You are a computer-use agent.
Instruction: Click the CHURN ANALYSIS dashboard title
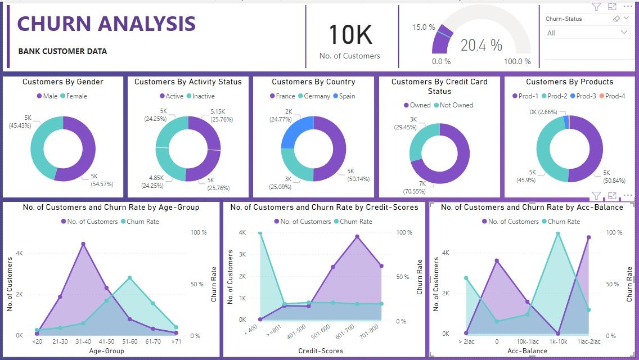[106, 24]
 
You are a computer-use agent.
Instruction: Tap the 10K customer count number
[350, 35]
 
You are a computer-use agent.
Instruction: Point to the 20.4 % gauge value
[481, 46]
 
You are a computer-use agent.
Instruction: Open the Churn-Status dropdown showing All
[587, 33]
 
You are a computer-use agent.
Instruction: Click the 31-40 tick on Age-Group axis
[83, 342]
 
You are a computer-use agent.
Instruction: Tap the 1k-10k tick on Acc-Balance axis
[558, 342]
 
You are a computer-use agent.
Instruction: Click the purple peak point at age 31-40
[83, 244]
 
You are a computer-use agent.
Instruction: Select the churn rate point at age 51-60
[130, 278]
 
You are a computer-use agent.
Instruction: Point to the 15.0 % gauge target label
[424, 27]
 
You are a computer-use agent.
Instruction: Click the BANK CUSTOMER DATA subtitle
[62, 51]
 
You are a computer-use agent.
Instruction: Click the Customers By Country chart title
[313, 82]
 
